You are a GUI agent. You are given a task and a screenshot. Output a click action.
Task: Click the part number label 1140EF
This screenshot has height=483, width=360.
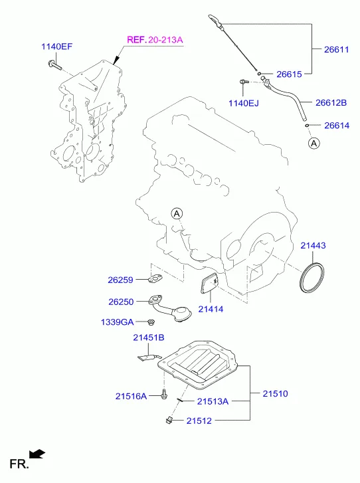57,47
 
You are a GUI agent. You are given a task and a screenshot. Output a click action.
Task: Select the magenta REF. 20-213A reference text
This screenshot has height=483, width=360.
155,40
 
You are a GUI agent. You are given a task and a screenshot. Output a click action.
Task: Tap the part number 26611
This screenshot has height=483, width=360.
337,49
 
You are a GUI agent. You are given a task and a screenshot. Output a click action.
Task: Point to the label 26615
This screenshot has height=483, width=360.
289,74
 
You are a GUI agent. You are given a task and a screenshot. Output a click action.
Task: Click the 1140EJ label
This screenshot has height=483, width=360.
244,103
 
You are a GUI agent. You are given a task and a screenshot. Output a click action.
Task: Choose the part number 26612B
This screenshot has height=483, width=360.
331,102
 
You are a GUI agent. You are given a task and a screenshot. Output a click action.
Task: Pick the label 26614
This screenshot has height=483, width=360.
337,126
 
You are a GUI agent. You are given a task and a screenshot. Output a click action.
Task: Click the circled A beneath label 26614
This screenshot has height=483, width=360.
314,144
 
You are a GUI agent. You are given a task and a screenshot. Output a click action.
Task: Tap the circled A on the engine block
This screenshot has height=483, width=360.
177,213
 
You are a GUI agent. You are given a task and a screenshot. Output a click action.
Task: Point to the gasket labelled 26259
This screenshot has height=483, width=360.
155,278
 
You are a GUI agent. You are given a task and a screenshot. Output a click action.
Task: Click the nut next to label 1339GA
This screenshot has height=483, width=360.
151,322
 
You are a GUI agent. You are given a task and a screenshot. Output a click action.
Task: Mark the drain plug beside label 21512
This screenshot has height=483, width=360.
169,419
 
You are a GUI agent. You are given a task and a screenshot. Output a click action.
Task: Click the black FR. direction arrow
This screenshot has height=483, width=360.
37,454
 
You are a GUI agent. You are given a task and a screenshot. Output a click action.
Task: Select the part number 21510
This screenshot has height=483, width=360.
275,393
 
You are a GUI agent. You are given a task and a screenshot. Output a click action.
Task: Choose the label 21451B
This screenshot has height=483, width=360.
149,338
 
